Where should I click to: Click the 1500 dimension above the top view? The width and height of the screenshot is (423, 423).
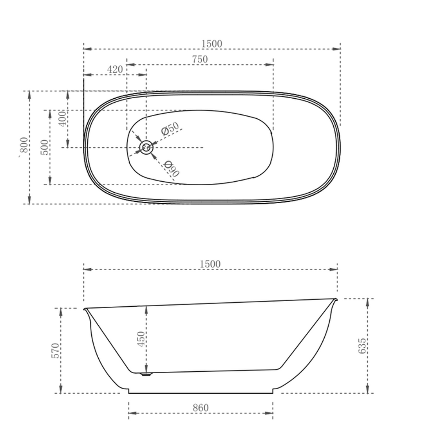211,44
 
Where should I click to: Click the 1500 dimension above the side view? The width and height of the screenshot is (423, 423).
210,264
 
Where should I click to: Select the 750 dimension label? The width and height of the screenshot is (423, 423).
200,60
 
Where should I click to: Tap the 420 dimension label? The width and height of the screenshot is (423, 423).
115,70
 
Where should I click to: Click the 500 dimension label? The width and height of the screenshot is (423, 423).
45,147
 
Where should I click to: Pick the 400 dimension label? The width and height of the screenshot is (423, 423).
62,119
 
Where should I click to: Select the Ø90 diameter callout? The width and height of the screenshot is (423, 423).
172,169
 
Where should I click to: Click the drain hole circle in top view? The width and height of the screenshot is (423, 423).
146,148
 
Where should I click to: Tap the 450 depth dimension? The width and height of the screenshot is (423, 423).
141,339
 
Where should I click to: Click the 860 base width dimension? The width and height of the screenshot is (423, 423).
201,408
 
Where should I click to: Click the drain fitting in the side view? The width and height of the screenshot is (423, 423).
146,374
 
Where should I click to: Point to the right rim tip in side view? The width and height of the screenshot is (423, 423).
335,300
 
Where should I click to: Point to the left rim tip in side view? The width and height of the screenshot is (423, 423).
85,309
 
